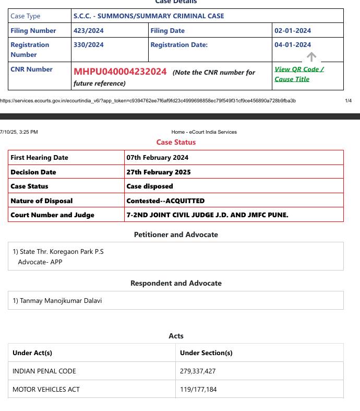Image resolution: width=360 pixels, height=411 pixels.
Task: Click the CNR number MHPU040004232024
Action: (120, 72)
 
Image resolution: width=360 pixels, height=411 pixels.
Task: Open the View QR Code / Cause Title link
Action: (299, 74)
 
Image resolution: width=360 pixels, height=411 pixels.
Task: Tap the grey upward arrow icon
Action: (311, 56)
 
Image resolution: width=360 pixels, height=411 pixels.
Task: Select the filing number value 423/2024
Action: (89, 31)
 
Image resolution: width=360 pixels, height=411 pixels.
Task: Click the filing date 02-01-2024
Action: (293, 31)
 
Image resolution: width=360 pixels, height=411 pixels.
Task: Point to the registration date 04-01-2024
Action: (293, 45)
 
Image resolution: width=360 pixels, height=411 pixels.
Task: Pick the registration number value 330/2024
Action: (89, 45)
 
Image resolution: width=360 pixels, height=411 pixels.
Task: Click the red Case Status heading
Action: (176, 142)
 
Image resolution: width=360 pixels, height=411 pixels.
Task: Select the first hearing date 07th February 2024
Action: (158, 157)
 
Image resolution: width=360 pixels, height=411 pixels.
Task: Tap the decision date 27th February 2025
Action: (159, 172)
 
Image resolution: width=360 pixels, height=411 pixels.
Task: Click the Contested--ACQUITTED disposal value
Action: (165, 201)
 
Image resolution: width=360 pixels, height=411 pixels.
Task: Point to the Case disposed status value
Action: (150, 186)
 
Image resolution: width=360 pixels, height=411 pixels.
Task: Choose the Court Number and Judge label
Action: (53, 215)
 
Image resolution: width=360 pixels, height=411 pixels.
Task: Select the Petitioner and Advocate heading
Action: (176, 234)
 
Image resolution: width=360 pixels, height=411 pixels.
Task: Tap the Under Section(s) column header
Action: (206, 353)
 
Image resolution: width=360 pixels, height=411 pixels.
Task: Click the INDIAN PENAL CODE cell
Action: (44, 371)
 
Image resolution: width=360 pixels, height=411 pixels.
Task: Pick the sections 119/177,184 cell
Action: (198, 389)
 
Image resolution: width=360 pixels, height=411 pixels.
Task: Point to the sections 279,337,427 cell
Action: (198, 371)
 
